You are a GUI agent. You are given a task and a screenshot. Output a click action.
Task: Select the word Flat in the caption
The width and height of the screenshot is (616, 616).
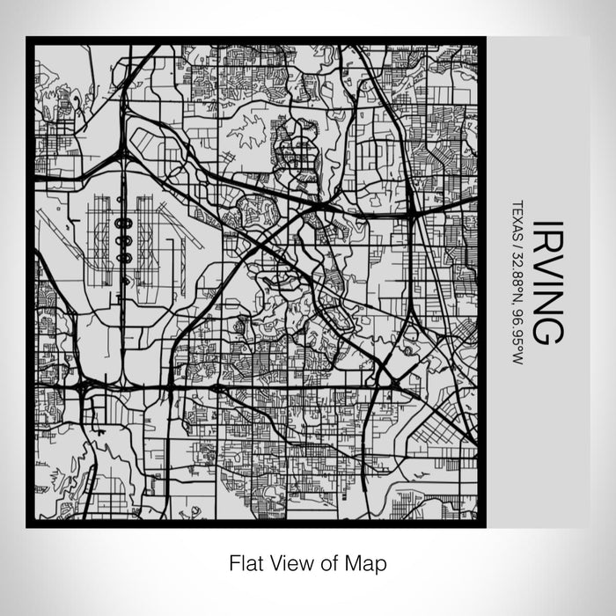pos(246,561)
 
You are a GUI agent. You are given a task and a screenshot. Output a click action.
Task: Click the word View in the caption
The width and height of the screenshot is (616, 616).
pos(285,561)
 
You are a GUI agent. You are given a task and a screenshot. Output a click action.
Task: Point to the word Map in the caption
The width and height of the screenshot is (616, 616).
pos(369,561)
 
